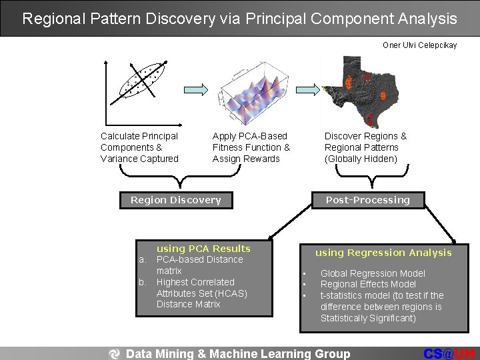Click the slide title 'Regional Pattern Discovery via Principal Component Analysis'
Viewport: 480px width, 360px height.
pos(239,18)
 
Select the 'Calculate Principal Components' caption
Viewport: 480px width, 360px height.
pos(139,147)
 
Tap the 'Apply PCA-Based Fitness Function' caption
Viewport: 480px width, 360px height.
pos(251,147)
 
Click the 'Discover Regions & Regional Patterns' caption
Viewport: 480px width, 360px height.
pos(365,147)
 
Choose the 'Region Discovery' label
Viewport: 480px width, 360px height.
pos(175,200)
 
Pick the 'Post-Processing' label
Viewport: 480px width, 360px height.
pos(367,200)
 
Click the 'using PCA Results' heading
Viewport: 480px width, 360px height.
pos(203,249)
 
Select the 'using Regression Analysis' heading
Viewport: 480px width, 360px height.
pos(383,253)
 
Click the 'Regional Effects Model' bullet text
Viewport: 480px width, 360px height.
pos(368,284)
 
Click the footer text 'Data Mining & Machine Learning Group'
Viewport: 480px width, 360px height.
pos(238,354)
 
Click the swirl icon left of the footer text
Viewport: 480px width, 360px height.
pos(115,354)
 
